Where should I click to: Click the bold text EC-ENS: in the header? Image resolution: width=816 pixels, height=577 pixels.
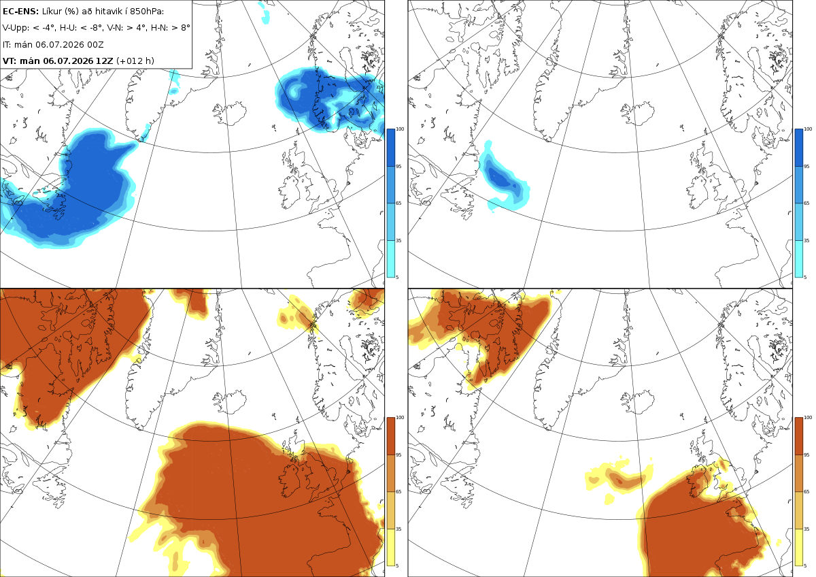(x=20, y=12)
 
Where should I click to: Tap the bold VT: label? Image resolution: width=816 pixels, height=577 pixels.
(x=10, y=61)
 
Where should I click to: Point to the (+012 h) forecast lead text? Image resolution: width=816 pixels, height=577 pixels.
(x=135, y=61)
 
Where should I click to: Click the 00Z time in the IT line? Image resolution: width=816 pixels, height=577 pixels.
(x=95, y=44)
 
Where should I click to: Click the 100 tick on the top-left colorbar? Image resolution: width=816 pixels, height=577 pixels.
(x=400, y=129)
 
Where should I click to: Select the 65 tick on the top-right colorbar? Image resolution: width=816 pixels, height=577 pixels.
(x=806, y=203)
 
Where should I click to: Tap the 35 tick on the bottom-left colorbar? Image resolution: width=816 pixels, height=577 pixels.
(x=398, y=529)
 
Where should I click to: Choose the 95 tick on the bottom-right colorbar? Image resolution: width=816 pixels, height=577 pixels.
(x=806, y=455)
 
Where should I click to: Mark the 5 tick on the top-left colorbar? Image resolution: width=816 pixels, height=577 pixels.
(x=397, y=278)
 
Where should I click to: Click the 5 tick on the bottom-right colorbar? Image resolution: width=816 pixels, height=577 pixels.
(x=805, y=565)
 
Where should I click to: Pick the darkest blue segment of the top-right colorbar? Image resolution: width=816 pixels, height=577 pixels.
(x=798, y=148)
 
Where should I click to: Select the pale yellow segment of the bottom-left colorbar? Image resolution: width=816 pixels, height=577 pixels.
(x=390, y=547)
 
